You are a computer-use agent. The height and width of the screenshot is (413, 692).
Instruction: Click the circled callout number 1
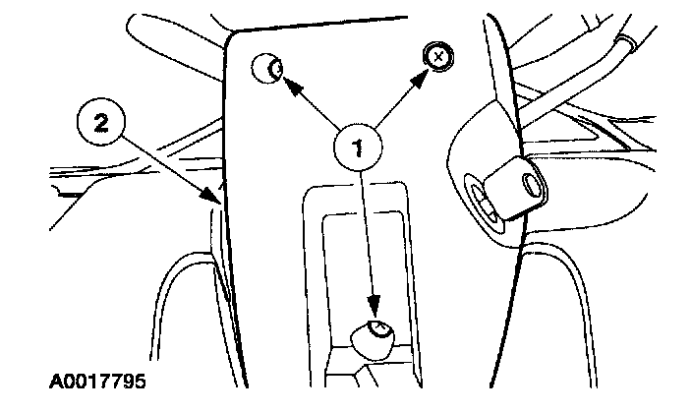(359, 147)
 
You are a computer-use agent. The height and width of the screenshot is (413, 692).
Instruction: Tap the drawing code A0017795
(96, 379)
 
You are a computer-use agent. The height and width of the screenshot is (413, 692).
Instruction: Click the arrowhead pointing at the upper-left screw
(288, 86)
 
